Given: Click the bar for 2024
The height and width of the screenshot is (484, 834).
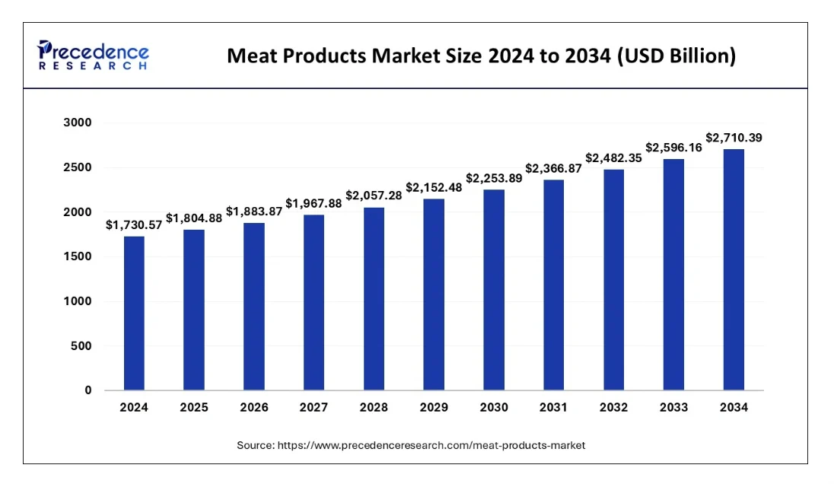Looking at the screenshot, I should click(134, 314).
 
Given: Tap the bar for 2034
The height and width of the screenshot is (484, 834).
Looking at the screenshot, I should click(734, 269).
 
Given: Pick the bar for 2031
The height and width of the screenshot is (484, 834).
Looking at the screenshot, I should click(554, 285).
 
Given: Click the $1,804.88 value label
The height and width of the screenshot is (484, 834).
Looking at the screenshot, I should click(193, 217).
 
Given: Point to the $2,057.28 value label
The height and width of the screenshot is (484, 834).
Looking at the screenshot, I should click(374, 196).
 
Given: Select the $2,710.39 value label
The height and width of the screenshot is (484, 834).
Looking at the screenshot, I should click(734, 138).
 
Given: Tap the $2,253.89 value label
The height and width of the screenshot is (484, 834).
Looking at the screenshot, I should click(494, 177).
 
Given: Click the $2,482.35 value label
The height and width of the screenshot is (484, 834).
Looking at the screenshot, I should click(613, 158).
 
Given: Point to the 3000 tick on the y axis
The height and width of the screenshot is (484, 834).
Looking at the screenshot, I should click(76, 123).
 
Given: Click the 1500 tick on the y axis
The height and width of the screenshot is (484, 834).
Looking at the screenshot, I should click(76, 257).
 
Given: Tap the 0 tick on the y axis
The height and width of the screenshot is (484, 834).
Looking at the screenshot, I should click(88, 391).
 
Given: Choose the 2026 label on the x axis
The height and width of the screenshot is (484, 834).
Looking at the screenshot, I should click(253, 408).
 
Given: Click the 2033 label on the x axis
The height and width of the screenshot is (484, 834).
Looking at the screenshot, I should click(673, 408).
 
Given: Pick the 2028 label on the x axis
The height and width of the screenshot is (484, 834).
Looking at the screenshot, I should click(374, 408).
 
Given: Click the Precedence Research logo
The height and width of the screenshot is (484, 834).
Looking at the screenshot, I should click(93, 56).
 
